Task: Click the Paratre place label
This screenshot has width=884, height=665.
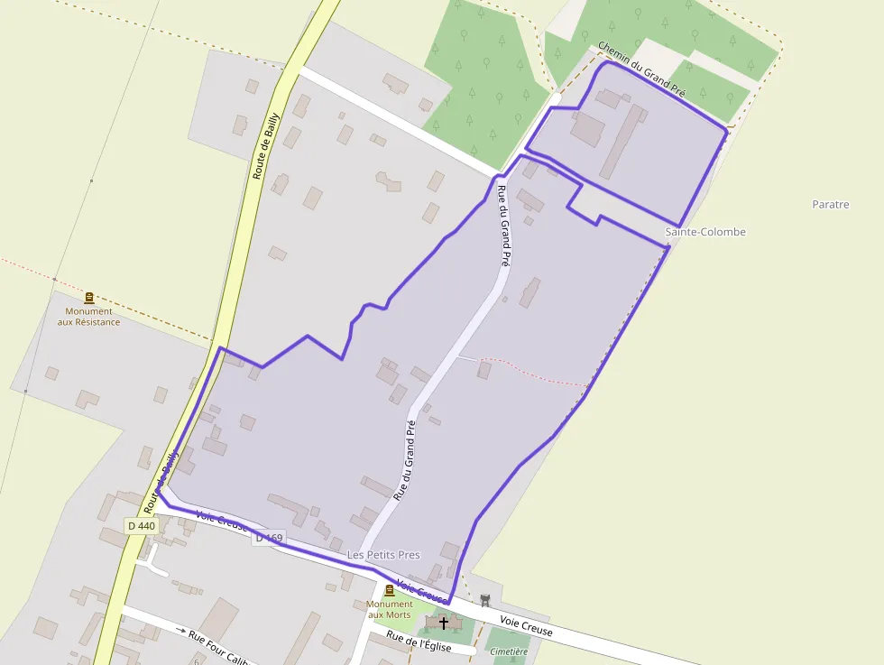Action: point(830,205)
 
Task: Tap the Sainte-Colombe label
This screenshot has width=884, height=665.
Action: point(705,232)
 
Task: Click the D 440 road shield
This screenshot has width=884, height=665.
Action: point(142,526)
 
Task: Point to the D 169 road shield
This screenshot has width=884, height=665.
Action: point(269,539)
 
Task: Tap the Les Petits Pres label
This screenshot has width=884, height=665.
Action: point(383,554)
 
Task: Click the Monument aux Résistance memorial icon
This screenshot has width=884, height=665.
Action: point(88,298)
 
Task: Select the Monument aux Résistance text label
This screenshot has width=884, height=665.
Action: point(88,317)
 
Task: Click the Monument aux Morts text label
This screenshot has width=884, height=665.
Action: point(389,609)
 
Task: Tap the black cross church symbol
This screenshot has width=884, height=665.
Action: point(443,623)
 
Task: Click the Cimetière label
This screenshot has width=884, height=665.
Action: point(510,651)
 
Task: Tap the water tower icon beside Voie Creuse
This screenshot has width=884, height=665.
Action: point(485,600)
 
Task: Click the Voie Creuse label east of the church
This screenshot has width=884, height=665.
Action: point(526,625)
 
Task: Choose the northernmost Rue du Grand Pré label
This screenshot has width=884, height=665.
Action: point(505,225)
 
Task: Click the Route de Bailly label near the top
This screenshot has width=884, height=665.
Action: point(267,146)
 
